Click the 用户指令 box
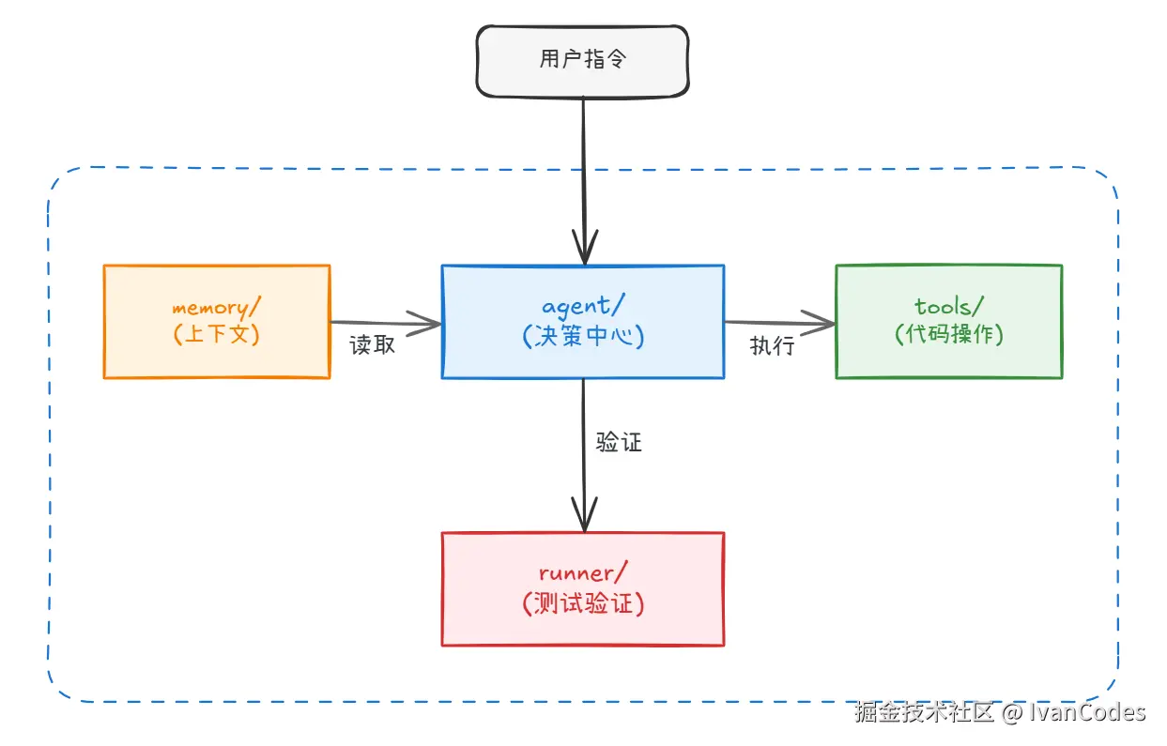(x=582, y=60)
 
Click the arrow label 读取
(x=373, y=345)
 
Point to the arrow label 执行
(x=772, y=346)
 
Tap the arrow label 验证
(x=619, y=443)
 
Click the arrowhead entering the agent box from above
(x=584, y=251)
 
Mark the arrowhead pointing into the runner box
(x=584, y=518)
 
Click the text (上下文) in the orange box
(x=217, y=334)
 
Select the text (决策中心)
(x=583, y=336)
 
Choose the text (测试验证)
(x=583, y=603)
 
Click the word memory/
(x=211, y=308)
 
